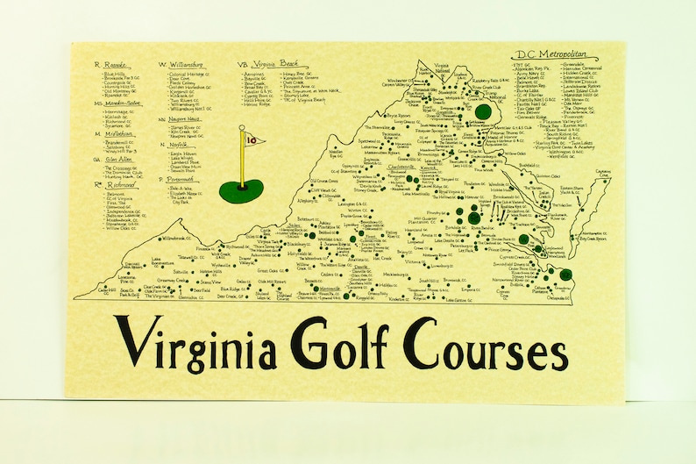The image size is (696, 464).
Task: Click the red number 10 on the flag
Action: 252,139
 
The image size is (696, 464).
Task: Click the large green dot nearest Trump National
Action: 481,111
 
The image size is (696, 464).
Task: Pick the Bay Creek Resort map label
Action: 593,237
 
